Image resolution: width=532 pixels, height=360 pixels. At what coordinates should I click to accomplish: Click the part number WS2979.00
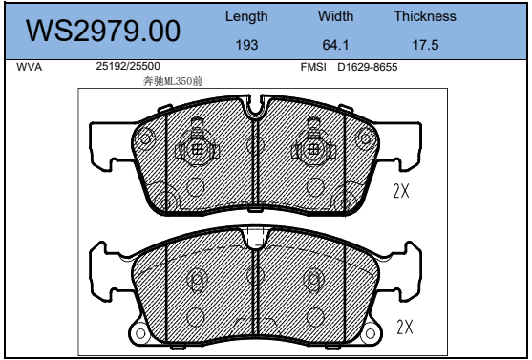point(103,31)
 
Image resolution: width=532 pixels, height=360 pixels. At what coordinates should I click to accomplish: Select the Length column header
point(246,16)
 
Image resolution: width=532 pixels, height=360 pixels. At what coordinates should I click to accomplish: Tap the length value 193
point(246,45)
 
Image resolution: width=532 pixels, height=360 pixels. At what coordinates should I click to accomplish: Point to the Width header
point(335,16)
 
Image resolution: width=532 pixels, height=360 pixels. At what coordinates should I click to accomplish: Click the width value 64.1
point(335,45)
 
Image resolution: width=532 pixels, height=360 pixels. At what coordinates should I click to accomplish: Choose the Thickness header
point(425,16)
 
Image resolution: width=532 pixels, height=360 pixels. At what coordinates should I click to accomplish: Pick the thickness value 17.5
point(425,45)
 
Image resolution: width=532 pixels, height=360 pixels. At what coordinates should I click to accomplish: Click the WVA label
point(30,67)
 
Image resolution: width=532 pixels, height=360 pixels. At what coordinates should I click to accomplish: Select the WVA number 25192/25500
point(128,66)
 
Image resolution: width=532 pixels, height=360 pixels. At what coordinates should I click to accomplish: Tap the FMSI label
point(313,67)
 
